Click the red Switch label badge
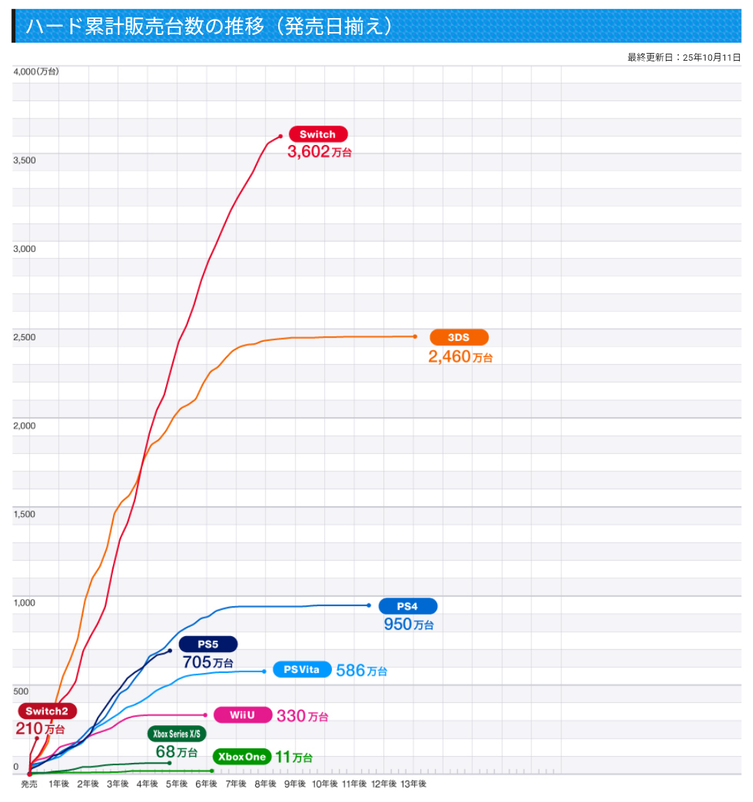click(x=317, y=134)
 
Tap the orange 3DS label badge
click(x=458, y=338)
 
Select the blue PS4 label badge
click(x=407, y=606)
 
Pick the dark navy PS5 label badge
click(x=208, y=644)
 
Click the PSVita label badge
click(x=301, y=669)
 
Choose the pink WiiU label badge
click(x=242, y=715)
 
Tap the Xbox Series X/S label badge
click(x=176, y=734)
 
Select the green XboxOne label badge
click(x=241, y=757)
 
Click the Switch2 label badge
click(x=47, y=711)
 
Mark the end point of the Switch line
click(x=280, y=136)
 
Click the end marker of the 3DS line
click(x=415, y=337)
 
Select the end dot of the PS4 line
click(x=369, y=605)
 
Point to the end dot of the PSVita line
click(x=264, y=672)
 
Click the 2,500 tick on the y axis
click(x=24, y=338)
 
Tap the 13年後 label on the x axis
click(x=413, y=784)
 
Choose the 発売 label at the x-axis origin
click(x=29, y=784)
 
